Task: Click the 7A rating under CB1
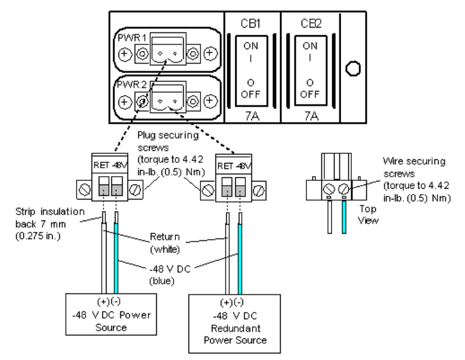(x=252, y=114)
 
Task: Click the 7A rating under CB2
(x=310, y=114)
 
